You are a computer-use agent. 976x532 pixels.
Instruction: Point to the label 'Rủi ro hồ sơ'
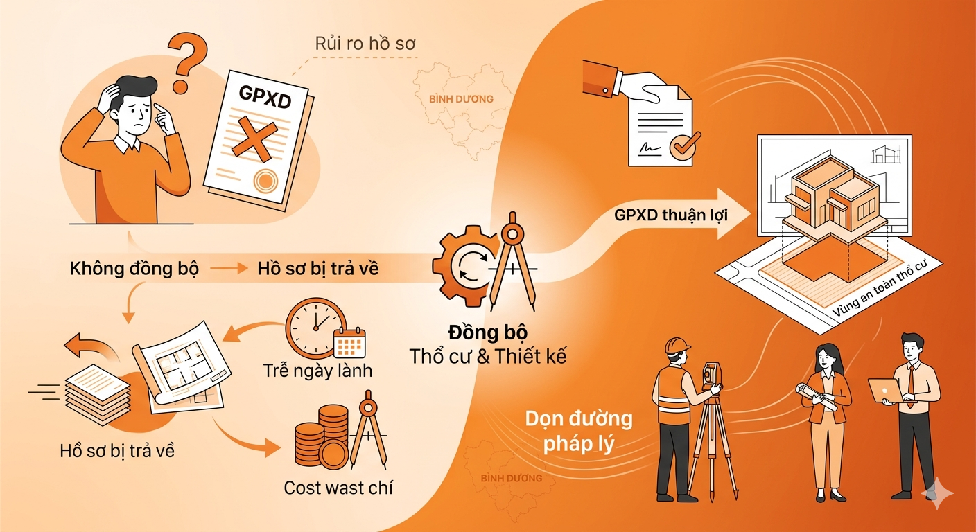pyautogui.click(x=365, y=43)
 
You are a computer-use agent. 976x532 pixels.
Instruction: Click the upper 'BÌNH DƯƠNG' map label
pyautogui.click(x=461, y=98)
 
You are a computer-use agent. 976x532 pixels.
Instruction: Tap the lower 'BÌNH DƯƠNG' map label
pyautogui.click(x=511, y=478)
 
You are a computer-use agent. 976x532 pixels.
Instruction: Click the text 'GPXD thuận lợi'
pyautogui.click(x=670, y=215)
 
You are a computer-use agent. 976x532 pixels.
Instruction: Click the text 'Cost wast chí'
pyautogui.click(x=338, y=488)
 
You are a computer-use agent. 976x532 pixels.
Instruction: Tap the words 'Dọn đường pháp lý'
pyautogui.click(x=579, y=431)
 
